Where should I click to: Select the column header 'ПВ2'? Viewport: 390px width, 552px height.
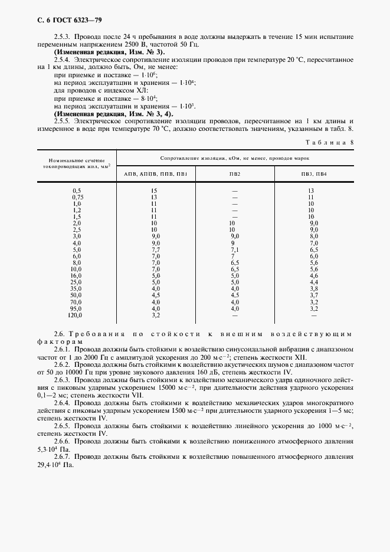pos(234,174)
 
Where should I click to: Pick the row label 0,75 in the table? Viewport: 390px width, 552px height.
pos(76,198)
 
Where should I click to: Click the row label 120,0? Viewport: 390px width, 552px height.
pos(76,316)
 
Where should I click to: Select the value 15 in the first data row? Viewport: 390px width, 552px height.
pos(154,191)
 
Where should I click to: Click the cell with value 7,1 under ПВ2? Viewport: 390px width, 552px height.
pos(234,249)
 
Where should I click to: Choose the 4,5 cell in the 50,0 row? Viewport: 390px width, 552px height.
pos(234,294)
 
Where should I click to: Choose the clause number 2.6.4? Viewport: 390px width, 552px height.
pos(62,402)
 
